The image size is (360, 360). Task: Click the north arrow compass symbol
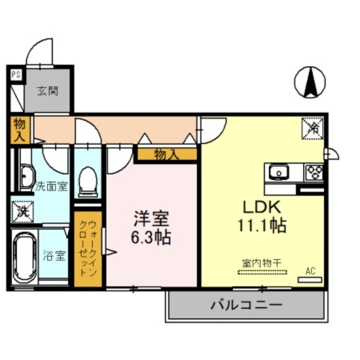point(310,82)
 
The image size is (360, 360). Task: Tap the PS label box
point(15,75)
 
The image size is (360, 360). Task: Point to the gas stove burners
point(314,172)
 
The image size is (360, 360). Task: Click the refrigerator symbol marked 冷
point(311,128)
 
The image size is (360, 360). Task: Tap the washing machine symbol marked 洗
point(20,211)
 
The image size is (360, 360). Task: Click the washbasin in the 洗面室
point(27,177)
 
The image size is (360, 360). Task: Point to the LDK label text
point(262,207)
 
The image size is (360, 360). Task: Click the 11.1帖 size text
point(262,225)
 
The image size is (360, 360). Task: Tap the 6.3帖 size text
point(151,237)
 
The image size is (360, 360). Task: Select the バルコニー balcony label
point(246,306)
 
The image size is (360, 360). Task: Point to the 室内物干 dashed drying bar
point(262,272)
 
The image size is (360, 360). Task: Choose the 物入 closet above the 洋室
point(167,155)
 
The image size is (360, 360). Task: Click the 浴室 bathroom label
point(54,256)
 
